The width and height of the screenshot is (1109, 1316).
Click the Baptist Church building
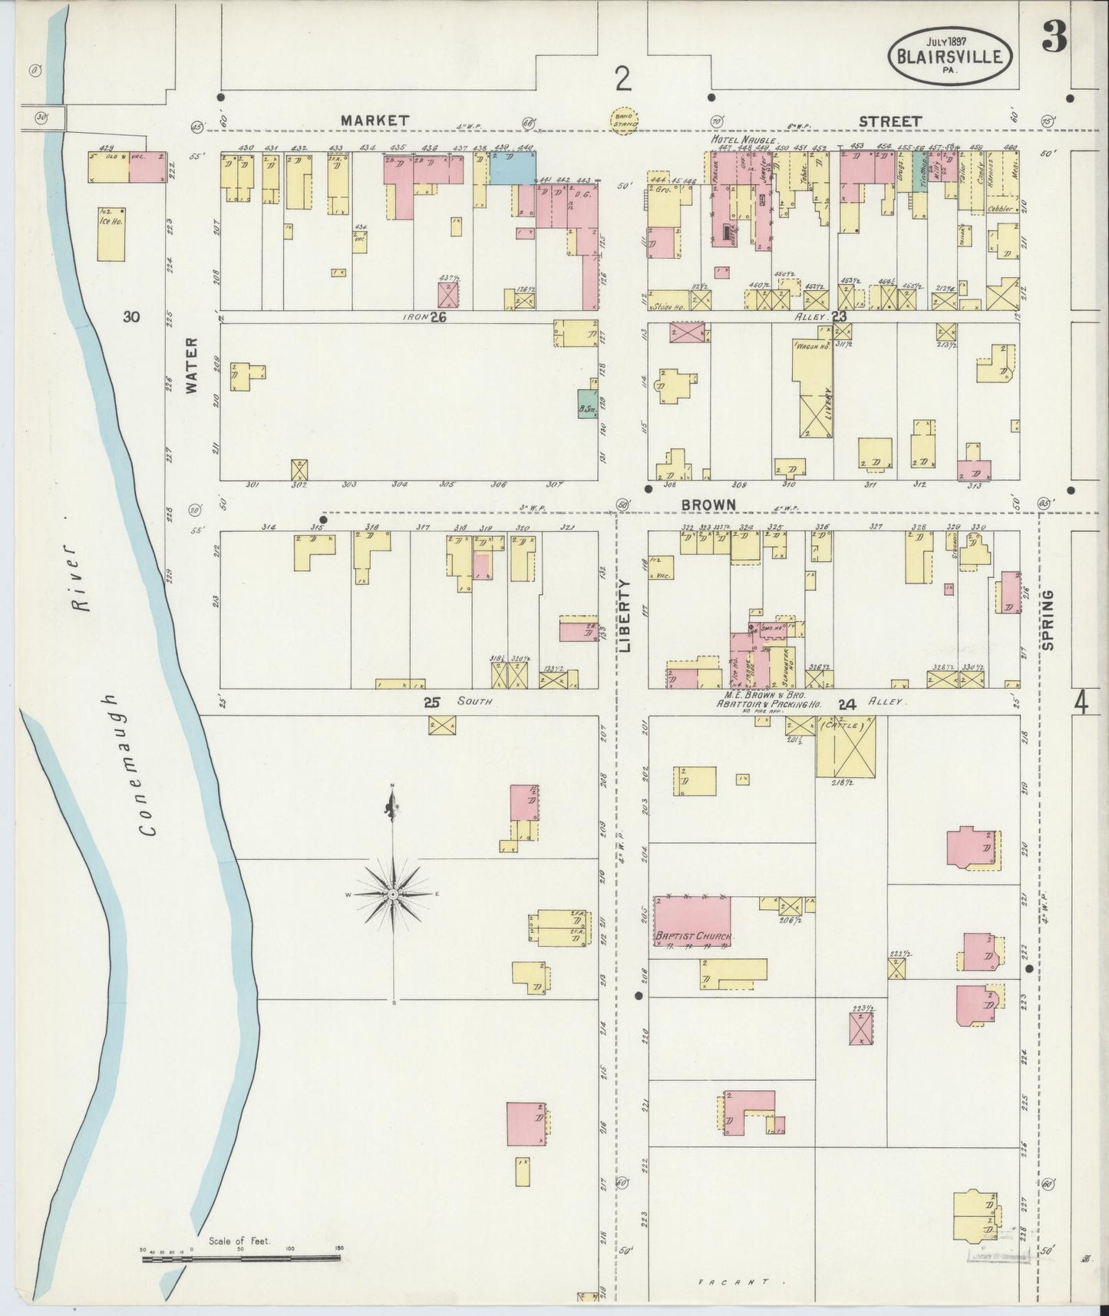tap(691, 921)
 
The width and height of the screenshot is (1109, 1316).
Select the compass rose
tap(393, 894)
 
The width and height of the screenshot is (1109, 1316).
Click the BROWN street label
tap(708, 504)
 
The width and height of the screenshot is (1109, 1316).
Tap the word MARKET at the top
tap(375, 121)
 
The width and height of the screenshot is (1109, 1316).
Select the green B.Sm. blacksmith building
tap(588, 405)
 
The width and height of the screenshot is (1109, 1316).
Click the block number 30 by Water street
tap(131, 316)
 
